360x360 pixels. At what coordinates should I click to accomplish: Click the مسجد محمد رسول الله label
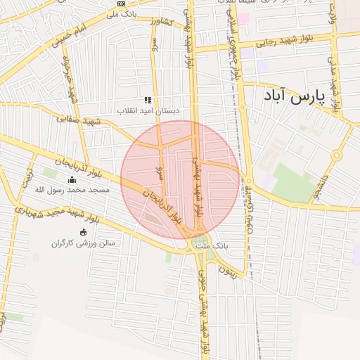tap(69, 191)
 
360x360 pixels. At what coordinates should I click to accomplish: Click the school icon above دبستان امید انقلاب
tap(148, 101)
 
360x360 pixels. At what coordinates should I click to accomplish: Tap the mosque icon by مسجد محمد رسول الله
tap(70, 179)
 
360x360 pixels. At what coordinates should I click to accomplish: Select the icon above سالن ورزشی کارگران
tap(84, 232)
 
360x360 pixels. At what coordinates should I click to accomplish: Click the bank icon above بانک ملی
tap(121, 4)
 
